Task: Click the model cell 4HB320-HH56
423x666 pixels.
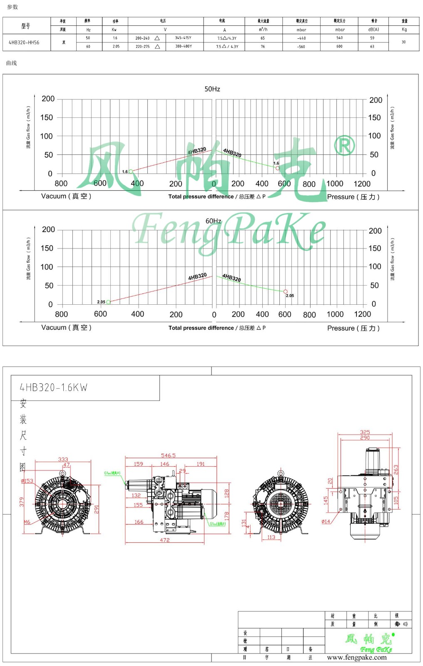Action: (24, 42)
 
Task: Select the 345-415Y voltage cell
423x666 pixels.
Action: (183, 38)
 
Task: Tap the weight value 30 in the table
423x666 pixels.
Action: (403, 42)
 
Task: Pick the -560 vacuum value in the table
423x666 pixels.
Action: (301, 47)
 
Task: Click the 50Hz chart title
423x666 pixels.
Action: (212, 89)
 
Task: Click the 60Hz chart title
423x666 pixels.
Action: (213, 221)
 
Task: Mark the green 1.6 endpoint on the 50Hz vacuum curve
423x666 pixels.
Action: (131, 171)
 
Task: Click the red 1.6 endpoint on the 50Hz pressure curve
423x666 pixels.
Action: (278, 168)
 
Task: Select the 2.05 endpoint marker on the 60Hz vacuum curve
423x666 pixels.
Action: (108, 302)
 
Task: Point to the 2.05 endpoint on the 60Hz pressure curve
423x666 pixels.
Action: (285, 292)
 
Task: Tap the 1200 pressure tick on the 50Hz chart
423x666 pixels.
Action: (362, 184)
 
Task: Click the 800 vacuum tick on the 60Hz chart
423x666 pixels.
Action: (61, 314)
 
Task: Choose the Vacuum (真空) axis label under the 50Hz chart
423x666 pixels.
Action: (66, 196)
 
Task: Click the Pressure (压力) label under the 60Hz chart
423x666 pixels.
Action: (353, 328)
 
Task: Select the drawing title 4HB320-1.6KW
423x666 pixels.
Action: (54, 388)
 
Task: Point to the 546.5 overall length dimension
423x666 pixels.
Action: (168, 455)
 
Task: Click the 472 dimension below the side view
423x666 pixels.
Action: (165, 540)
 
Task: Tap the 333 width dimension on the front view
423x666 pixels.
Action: (63, 460)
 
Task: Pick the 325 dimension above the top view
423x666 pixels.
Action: (365, 432)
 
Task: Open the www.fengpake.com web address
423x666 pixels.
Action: (357, 658)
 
